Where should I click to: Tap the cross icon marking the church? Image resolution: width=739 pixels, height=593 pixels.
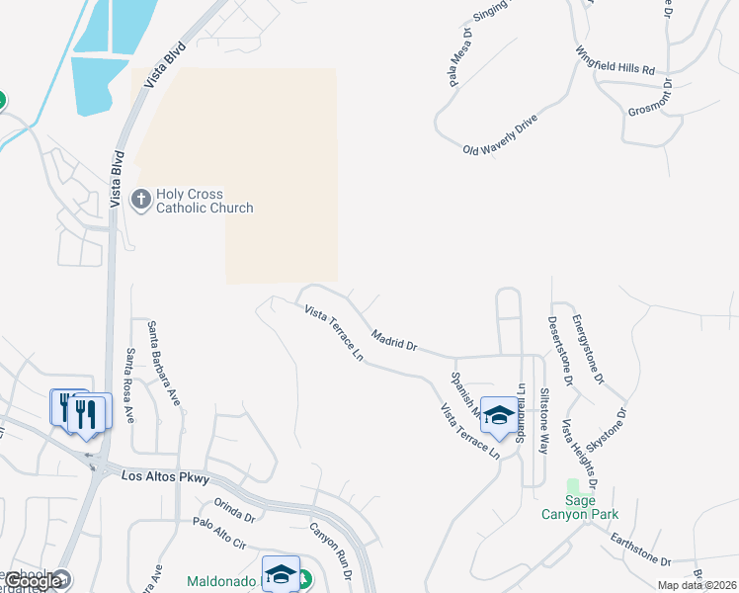[x=140, y=201]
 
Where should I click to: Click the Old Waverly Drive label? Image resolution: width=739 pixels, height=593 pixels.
[x=500, y=135]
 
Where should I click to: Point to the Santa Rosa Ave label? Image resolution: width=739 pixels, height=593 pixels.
[x=129, y=386]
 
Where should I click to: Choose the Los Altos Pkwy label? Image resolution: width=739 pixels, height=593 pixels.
[x=165, y=477]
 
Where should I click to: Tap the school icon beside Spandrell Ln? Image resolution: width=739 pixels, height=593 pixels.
[x=498, y=416]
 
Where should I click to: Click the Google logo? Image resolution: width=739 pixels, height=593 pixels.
[x=33, y=581]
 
